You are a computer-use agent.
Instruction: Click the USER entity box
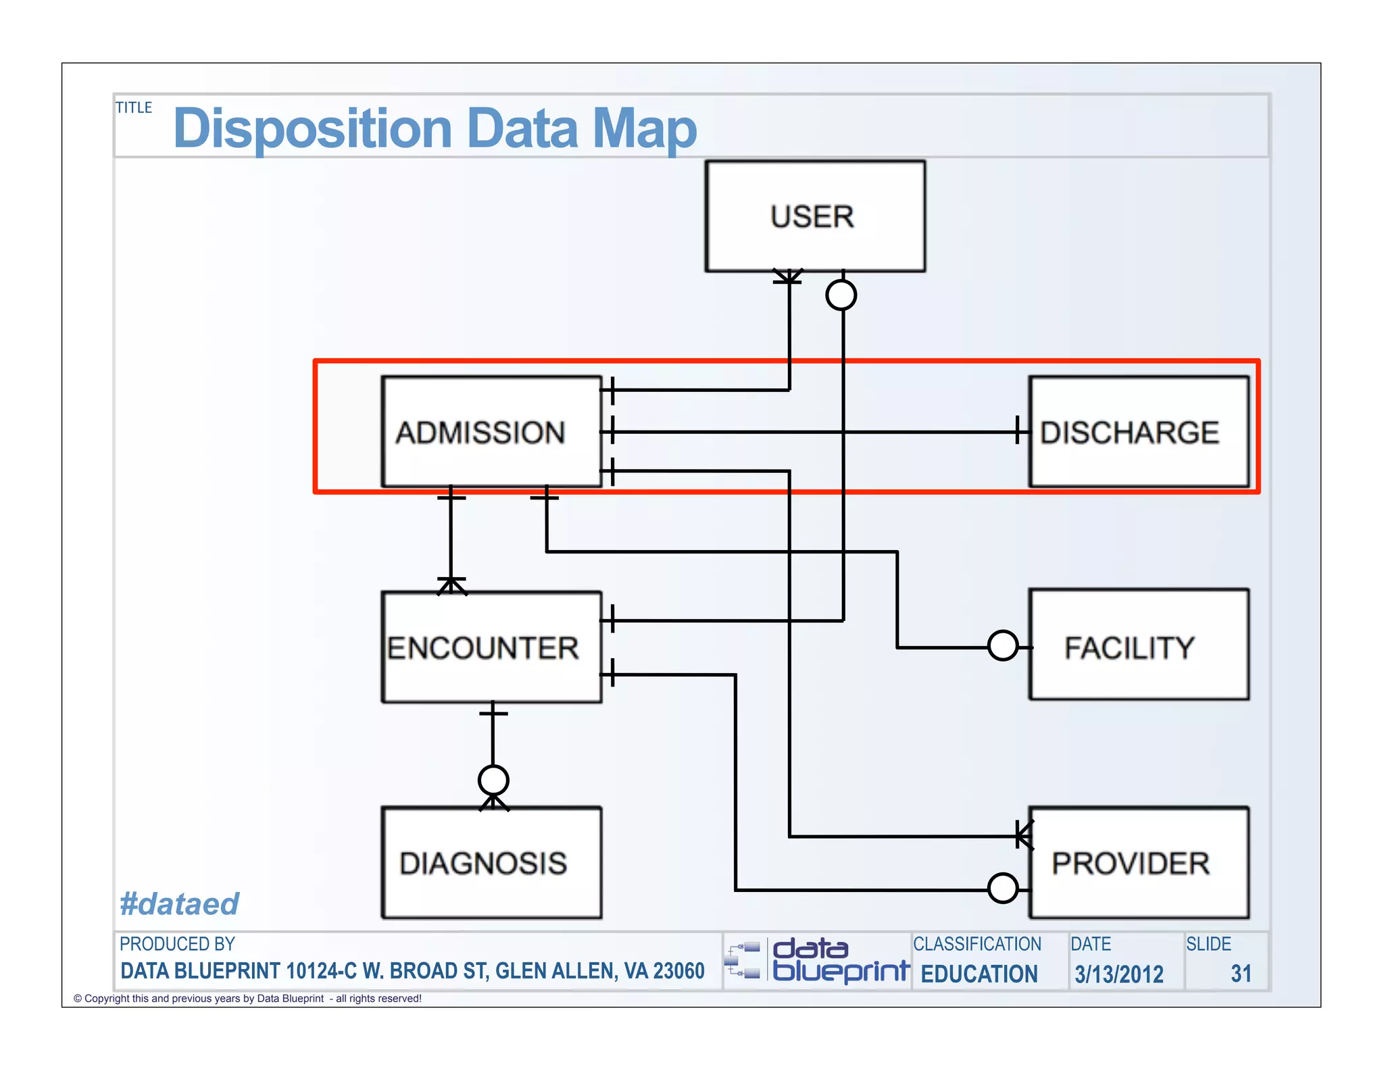click(814, 216)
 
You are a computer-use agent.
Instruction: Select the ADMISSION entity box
click(491, 432)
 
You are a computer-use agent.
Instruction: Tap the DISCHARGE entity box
click(1138, 432)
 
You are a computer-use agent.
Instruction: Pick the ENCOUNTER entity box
click(491, 647)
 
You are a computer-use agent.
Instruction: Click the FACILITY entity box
click(1138, 645)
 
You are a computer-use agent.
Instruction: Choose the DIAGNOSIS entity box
click(491, 863)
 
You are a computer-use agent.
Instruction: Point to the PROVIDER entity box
click(1138, 863)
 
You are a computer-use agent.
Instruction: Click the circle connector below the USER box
click(841, 295)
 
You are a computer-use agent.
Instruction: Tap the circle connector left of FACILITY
click(1002, 645)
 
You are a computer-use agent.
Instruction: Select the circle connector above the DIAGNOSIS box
click(493, 780)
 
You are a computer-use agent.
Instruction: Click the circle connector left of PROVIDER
click(1002, 888)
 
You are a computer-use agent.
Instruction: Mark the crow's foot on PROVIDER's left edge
click(1024, 836)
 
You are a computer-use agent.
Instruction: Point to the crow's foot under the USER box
click(788, 277)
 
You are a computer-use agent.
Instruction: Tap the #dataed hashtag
click(179, 903)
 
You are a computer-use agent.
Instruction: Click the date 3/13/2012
click(1118, 974)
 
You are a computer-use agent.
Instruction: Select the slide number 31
click(1241, 974)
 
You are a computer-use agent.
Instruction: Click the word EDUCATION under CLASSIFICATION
click(979, 974)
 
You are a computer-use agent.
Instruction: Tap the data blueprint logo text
click(839, 960)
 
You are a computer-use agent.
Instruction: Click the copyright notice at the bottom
click(247, 998)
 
